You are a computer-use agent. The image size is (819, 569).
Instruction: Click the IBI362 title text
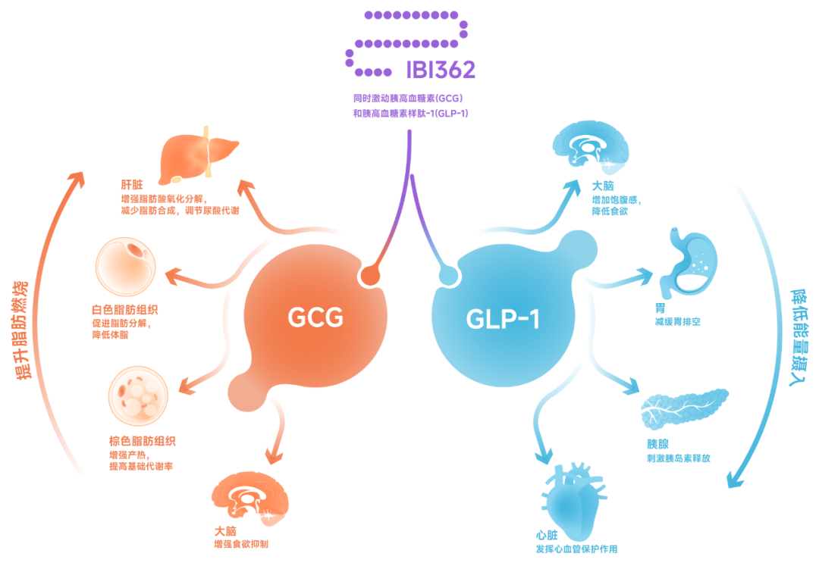coord(441,70)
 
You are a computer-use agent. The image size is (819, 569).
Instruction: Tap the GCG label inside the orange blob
coord(315,317)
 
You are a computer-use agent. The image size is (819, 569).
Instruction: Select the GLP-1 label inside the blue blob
coord(503,319)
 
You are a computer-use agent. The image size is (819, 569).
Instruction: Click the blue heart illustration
coord(573,500)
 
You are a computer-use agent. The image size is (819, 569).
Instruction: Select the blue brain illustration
coord(591,147)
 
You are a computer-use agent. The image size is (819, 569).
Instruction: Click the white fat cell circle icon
coord(126,267)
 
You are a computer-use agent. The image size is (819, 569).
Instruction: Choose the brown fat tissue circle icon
coord(139,395)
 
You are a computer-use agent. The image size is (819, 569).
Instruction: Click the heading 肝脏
coord(132,185)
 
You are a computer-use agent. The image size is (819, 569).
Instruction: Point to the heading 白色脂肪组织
coord(125,310)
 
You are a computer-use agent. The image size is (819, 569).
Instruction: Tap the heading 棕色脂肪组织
coord(142,441)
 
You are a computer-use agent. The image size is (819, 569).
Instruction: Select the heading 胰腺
coord(657,444)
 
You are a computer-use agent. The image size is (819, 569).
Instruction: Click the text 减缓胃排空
coord(677,321)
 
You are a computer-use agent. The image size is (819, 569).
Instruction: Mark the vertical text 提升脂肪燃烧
coord(23,330)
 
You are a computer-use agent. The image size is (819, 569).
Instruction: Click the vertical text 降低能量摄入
coord(799,337)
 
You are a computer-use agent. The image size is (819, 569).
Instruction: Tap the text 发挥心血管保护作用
coord(576,549)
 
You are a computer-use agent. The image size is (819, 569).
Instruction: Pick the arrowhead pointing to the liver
coord(246,187)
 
